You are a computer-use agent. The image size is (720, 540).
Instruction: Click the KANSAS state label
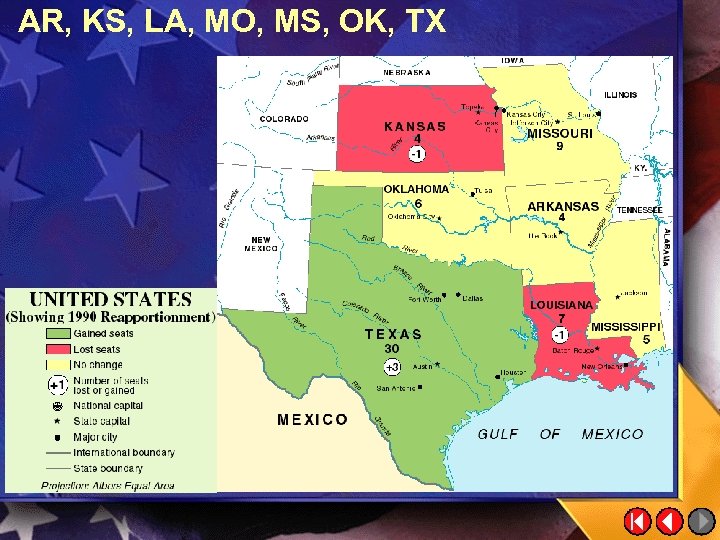tap(415, 127)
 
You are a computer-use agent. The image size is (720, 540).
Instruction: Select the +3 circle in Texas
tap(392, 367)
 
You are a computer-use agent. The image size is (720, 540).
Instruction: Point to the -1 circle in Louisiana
tap(561, 333)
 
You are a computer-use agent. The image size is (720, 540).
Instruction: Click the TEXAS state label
tap(393, 335)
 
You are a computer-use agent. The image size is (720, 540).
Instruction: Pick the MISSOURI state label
tap(560, 133)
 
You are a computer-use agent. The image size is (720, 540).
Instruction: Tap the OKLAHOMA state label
tap(417, 188)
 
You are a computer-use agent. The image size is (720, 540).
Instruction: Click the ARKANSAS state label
tap(563, 206)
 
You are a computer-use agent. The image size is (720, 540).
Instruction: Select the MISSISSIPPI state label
tap(626, 327)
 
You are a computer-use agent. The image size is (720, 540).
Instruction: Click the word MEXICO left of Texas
tap(313, 420)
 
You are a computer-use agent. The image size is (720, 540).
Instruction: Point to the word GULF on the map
tap(498, 434)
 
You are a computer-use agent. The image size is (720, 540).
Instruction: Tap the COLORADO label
tap(284, 119)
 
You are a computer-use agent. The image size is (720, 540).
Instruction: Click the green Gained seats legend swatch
tap(58, 333)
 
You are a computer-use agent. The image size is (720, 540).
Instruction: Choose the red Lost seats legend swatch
tap(58, 349)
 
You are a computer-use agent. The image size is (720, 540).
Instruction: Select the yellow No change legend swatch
tap(58, 365)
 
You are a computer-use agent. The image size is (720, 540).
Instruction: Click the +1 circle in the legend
tap(57, 384)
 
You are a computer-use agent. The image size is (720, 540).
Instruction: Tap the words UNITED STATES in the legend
tap(111, 299)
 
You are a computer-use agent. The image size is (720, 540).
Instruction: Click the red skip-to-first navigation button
tap(637, 521)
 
